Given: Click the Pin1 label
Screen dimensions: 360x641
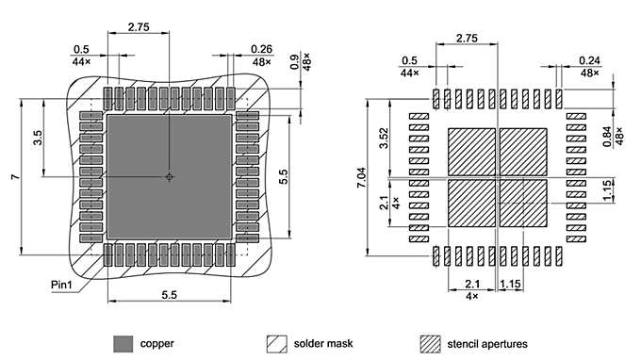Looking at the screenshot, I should [64, 282].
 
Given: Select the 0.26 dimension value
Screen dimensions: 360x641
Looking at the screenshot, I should [262, 49].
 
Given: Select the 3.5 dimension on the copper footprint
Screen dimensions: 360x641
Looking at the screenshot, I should [38, 138].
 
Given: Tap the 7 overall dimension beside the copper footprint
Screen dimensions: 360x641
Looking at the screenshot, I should [14, 177].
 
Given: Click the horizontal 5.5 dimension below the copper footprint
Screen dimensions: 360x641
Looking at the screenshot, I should [170, 294].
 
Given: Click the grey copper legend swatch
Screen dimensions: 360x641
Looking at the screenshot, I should [123, 343].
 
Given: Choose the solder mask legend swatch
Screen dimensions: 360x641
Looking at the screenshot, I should [277, 343].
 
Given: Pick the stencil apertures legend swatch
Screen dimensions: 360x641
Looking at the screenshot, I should [431, 343].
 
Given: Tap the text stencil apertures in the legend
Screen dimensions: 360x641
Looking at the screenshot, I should [487, 343].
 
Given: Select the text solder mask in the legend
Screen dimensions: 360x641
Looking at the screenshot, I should [323, 343].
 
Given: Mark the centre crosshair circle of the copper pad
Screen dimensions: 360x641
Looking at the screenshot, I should [170, 176].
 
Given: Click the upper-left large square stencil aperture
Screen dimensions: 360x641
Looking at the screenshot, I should [471, 151].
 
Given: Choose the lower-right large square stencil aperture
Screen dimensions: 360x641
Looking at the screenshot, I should [522, 203].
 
